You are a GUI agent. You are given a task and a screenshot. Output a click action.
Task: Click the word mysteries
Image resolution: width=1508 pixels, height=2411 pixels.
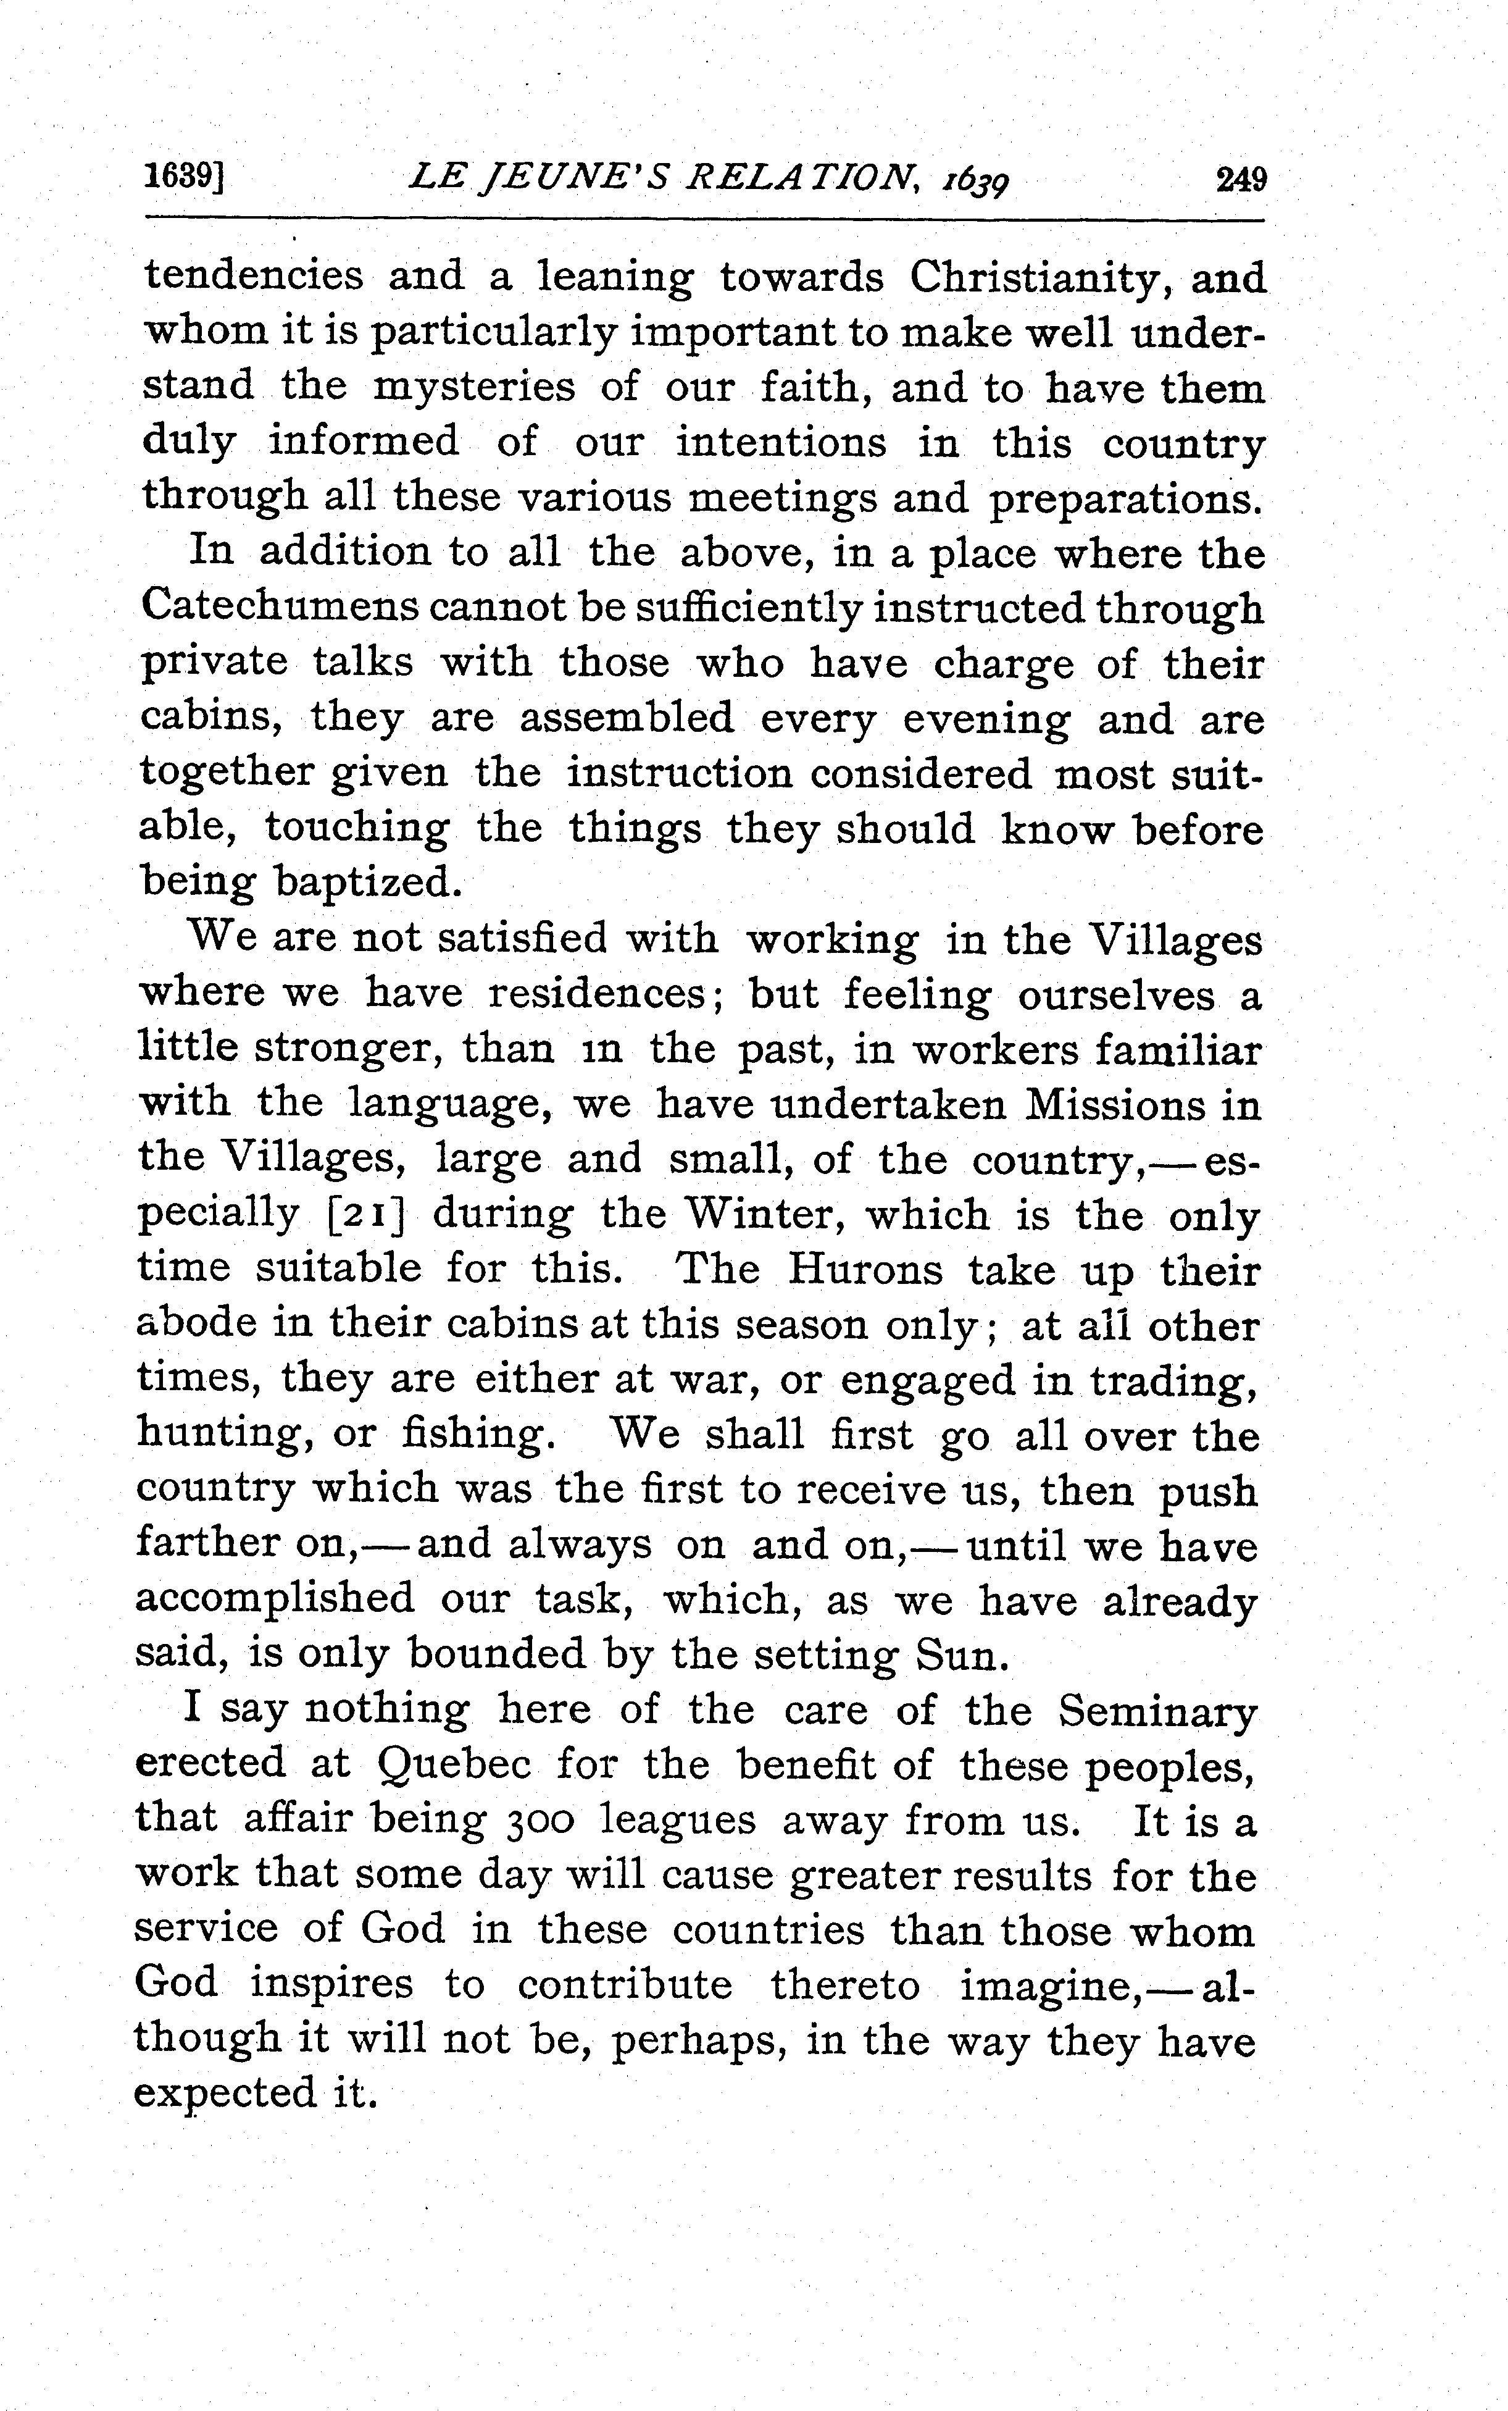pos(473,388)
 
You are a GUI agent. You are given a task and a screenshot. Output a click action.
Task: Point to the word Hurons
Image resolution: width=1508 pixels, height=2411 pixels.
pos(865,1270)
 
